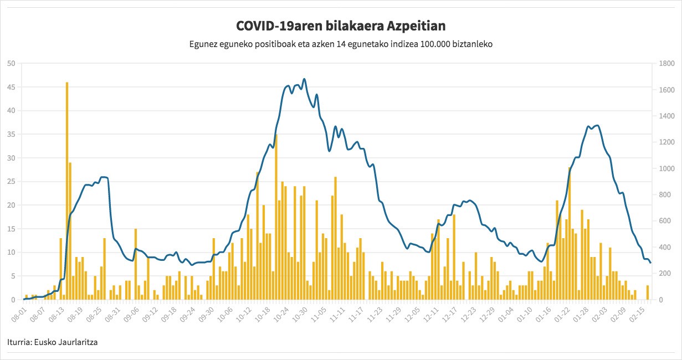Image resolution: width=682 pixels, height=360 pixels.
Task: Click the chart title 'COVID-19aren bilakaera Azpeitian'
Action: [341, 26]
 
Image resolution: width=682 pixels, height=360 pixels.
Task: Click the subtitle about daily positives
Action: [341, 44]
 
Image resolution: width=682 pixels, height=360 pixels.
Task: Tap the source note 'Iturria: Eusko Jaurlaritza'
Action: [53, 342]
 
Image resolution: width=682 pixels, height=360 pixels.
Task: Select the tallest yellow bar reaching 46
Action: [67, 191]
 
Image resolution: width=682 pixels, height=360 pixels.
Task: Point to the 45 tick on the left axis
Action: [11, 87]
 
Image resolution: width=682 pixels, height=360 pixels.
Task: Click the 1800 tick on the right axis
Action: [667, 63]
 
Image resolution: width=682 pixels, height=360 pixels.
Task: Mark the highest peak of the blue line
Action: [304, 79]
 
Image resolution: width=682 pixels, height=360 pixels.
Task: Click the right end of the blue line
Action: [650, 263]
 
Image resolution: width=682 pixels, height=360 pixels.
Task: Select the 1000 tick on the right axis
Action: [667, 168]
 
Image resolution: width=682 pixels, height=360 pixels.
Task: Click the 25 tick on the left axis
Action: [11, 182]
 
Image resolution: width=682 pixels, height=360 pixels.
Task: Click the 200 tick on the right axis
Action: [665, 273]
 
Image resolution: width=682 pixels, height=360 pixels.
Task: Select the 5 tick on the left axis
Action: [13, 276]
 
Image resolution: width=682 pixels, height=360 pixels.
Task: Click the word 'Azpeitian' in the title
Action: [416, 27]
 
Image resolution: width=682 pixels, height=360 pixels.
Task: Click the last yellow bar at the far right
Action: [648, 292]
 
